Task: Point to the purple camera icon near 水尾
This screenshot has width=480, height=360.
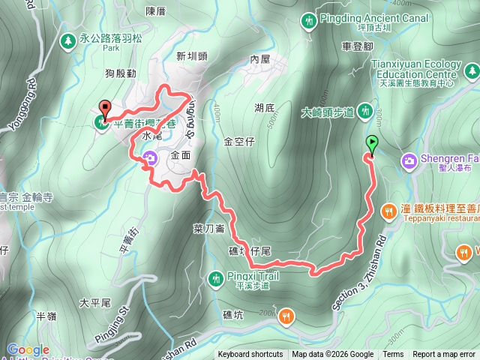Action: coord(149,158)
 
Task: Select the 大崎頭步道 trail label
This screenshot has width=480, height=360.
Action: coord(327,112)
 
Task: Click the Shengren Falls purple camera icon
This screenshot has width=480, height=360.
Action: coord(409,160)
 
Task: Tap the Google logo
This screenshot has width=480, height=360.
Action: coord(28,349)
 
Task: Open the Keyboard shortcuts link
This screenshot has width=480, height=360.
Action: coord(250,355)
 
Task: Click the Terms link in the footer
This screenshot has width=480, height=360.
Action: coord(393,355)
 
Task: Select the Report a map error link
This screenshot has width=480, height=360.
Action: coord(444,355)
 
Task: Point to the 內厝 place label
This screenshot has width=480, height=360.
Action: coord(259,58)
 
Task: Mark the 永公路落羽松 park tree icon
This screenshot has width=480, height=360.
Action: coord(68,38)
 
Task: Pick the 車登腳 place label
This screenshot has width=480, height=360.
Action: coord(357,46)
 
